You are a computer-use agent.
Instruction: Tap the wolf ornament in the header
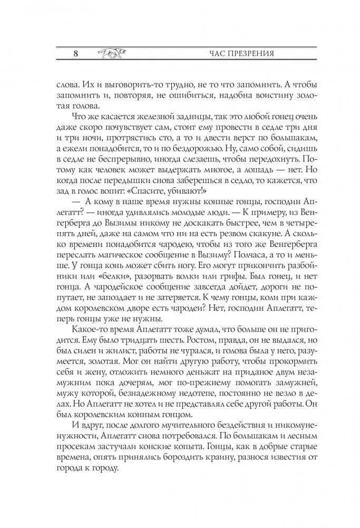110,53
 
